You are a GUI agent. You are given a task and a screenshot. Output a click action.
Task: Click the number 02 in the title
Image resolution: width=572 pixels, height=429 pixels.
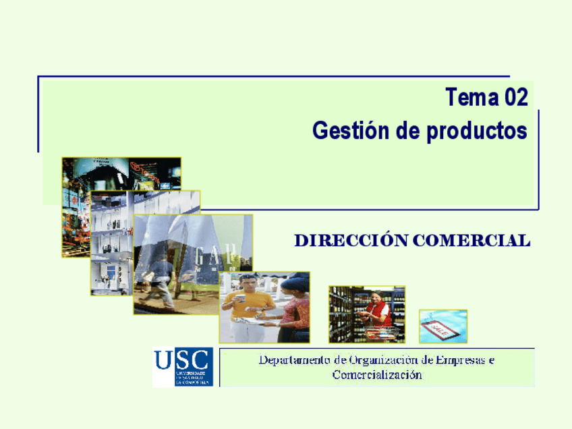pos(513,98)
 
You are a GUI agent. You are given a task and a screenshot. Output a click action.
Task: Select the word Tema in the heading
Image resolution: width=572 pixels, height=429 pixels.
pos(470,98)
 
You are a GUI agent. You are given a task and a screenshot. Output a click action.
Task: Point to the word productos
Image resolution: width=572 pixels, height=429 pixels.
pos(476,132)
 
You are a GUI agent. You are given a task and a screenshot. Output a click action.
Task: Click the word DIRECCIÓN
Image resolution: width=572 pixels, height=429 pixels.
pos(349,240)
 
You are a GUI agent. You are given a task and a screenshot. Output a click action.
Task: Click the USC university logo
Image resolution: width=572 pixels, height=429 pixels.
pos(182,366)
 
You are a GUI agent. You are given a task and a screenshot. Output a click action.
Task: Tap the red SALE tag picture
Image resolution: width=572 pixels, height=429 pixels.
pos(442,327)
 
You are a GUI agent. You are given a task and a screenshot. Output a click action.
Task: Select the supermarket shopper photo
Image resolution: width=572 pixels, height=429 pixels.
pos(367,314)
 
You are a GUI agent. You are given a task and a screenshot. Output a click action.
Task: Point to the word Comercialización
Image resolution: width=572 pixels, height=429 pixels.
pos(377,375)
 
